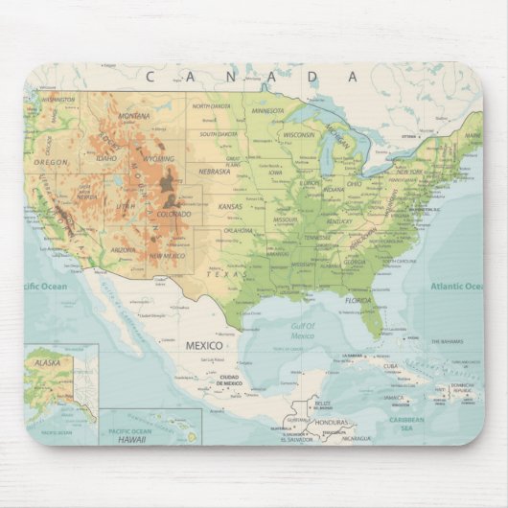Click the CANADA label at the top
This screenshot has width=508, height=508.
(x=253, y=76)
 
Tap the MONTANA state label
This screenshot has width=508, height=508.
(x=134, y=116)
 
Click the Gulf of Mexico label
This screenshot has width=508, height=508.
(x=304, y=331)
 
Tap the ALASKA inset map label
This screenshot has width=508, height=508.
(x=47, y=363)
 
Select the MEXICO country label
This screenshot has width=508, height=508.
(x=203, y=345)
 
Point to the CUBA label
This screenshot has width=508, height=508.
(x=390, y=365)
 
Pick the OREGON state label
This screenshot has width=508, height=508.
(x=51, y=162)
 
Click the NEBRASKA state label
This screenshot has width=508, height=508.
(x=215, y=172)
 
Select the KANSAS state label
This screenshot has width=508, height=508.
(x=230, y=206)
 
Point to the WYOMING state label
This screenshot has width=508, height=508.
(x=158, y=158)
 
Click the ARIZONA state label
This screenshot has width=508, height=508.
(x=123, y=249)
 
